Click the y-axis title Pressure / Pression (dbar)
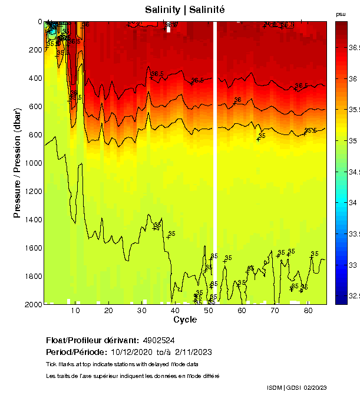17,163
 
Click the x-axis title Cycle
181,320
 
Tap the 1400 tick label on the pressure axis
32,219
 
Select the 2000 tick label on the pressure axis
32,304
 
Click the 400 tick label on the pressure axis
35,78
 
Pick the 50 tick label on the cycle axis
208,311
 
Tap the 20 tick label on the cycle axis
108,311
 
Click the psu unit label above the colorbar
341,14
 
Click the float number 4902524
158,340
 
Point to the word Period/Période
69,352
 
